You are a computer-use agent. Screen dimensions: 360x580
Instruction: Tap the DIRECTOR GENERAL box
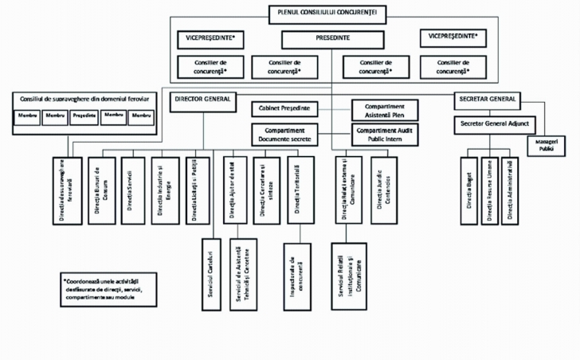click(202, 100)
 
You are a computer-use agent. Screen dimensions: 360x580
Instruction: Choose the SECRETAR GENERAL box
click(486, 100)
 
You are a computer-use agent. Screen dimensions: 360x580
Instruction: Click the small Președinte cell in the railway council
click(84, 115)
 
